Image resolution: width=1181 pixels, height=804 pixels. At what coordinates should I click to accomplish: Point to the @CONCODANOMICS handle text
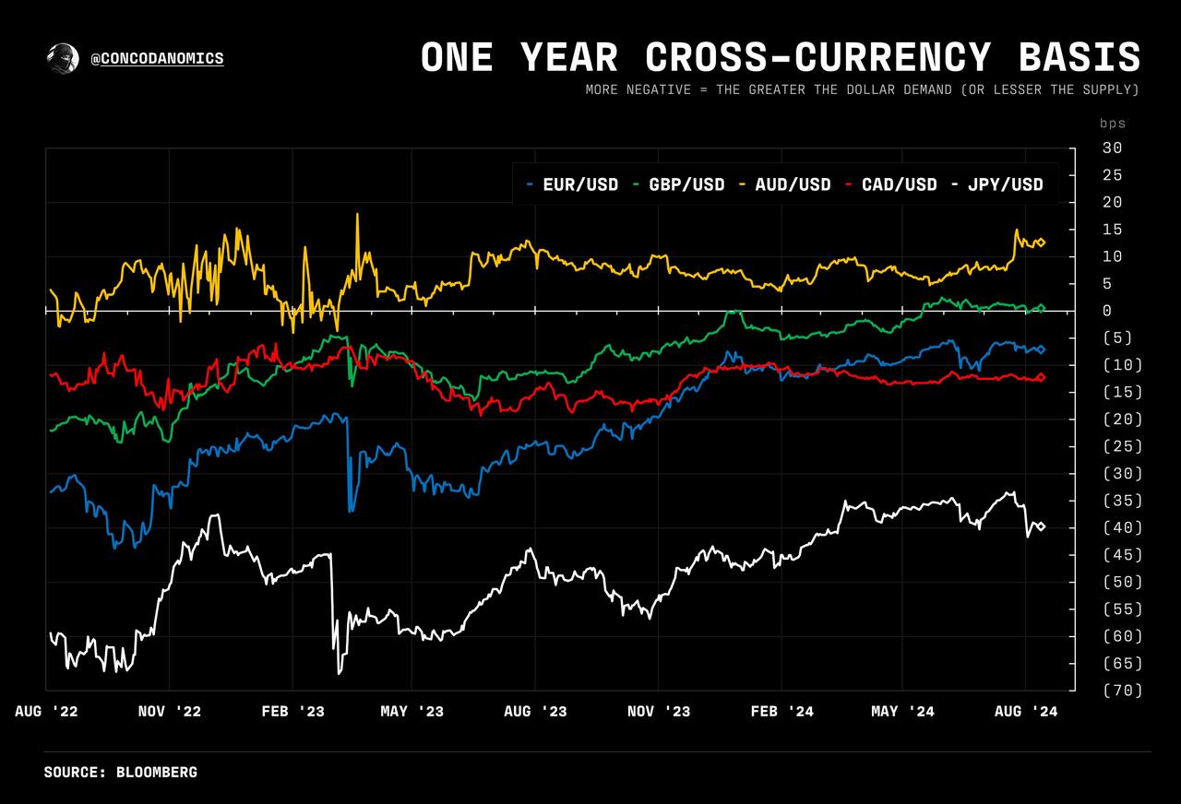point(158,59)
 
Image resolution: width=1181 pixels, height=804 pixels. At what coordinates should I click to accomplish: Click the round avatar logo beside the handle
point(63,58)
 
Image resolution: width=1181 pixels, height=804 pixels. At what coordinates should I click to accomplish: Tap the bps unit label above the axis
point(1113,123)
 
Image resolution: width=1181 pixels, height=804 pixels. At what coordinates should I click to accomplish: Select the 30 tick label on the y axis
point(1112,148)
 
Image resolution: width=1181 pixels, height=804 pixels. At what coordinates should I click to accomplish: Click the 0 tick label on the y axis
point(1106,311)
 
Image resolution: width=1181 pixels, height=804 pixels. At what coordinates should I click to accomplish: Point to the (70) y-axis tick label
point(1121,690)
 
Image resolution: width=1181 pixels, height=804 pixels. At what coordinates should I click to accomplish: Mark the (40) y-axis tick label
point(1121,527)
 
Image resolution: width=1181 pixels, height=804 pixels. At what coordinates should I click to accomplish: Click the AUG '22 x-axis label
point(46,711)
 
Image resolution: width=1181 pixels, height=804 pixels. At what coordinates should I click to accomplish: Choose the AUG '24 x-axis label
point(1025,711)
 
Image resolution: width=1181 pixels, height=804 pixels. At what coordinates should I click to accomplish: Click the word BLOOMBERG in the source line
point(157,772)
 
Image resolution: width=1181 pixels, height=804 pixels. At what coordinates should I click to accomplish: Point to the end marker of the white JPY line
point(1042,526)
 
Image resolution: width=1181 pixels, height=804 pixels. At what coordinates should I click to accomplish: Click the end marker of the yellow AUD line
point(1042,242)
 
